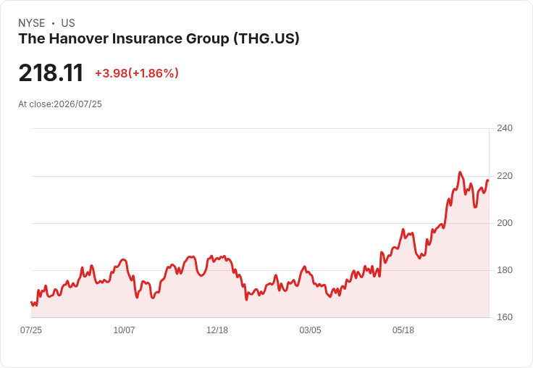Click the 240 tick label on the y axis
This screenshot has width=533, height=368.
tap(505, 128)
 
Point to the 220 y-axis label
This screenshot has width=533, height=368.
tap(505, 176)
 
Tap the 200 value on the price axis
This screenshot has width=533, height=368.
tap(505, 223)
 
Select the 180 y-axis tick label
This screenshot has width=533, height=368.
tap(505, 270)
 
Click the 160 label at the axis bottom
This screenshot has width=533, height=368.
tap(505, 317)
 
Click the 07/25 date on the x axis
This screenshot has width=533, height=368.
tap(31, 330)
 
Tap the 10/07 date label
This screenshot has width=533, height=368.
tap(124, 330)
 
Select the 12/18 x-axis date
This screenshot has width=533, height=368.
tap(217, 330)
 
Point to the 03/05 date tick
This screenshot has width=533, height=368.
tap(310, 330)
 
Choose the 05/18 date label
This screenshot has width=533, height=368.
tap(403, 330)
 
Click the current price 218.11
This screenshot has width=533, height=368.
tap(51, 73)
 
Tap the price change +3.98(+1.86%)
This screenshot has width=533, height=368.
tap(137, 73)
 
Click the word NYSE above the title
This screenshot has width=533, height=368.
tap(32, 23)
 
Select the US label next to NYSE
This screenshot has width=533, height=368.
tap(68, 23)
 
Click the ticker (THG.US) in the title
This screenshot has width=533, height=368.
tap(266, 39)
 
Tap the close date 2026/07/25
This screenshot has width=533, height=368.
tap(77, 104)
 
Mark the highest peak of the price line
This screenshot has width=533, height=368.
tap(460, 172)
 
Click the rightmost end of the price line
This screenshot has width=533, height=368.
tap(488, 180)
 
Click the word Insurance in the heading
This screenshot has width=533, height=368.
tap(147, 39)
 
